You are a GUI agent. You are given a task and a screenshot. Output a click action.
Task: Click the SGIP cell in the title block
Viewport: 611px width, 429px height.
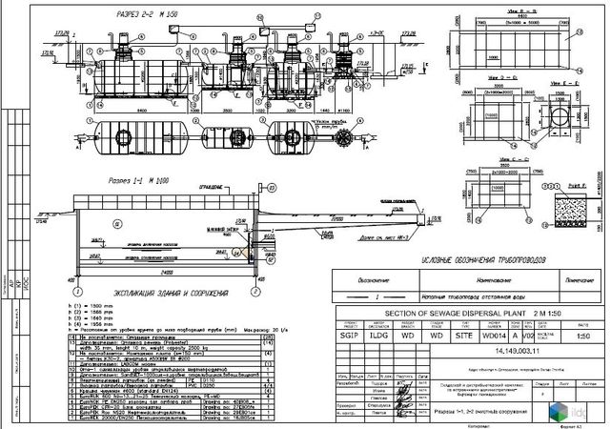point(346,336)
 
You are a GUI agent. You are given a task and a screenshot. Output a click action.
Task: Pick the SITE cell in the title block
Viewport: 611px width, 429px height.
point(464,336)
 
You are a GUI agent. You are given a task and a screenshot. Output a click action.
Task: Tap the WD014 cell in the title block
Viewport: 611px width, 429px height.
point(493,336)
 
